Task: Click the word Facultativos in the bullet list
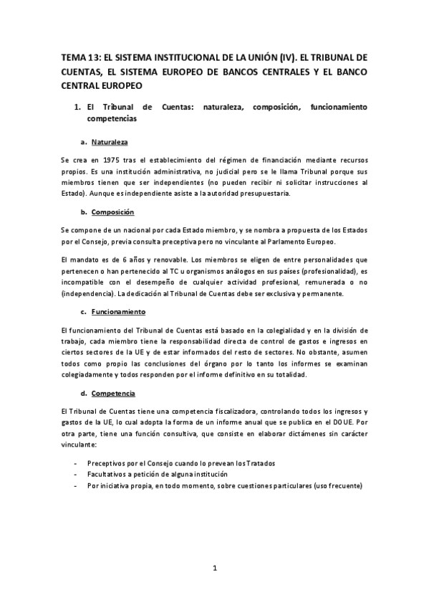[108, 474]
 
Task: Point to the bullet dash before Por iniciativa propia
[75, 485]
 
